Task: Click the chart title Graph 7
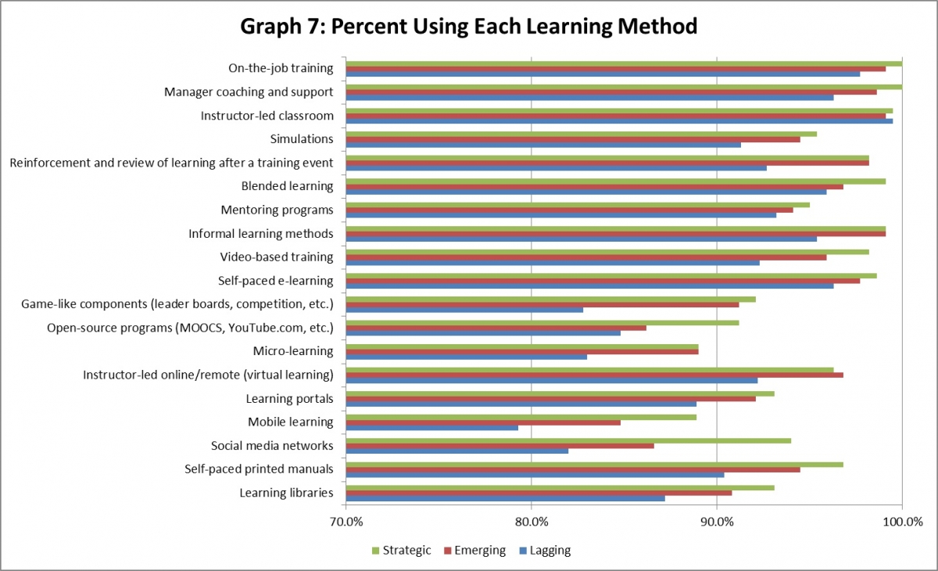(469, 27)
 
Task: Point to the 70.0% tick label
(346, 522)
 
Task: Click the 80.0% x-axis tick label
(532, 522)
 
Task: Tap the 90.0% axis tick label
(717, 522)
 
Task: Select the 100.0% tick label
(902, 522)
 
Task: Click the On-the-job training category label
(281, 68)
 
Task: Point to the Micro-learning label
(293, 351)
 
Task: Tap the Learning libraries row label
(286, 493)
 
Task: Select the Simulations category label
(302, 139)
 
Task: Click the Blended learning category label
(288, 186)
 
